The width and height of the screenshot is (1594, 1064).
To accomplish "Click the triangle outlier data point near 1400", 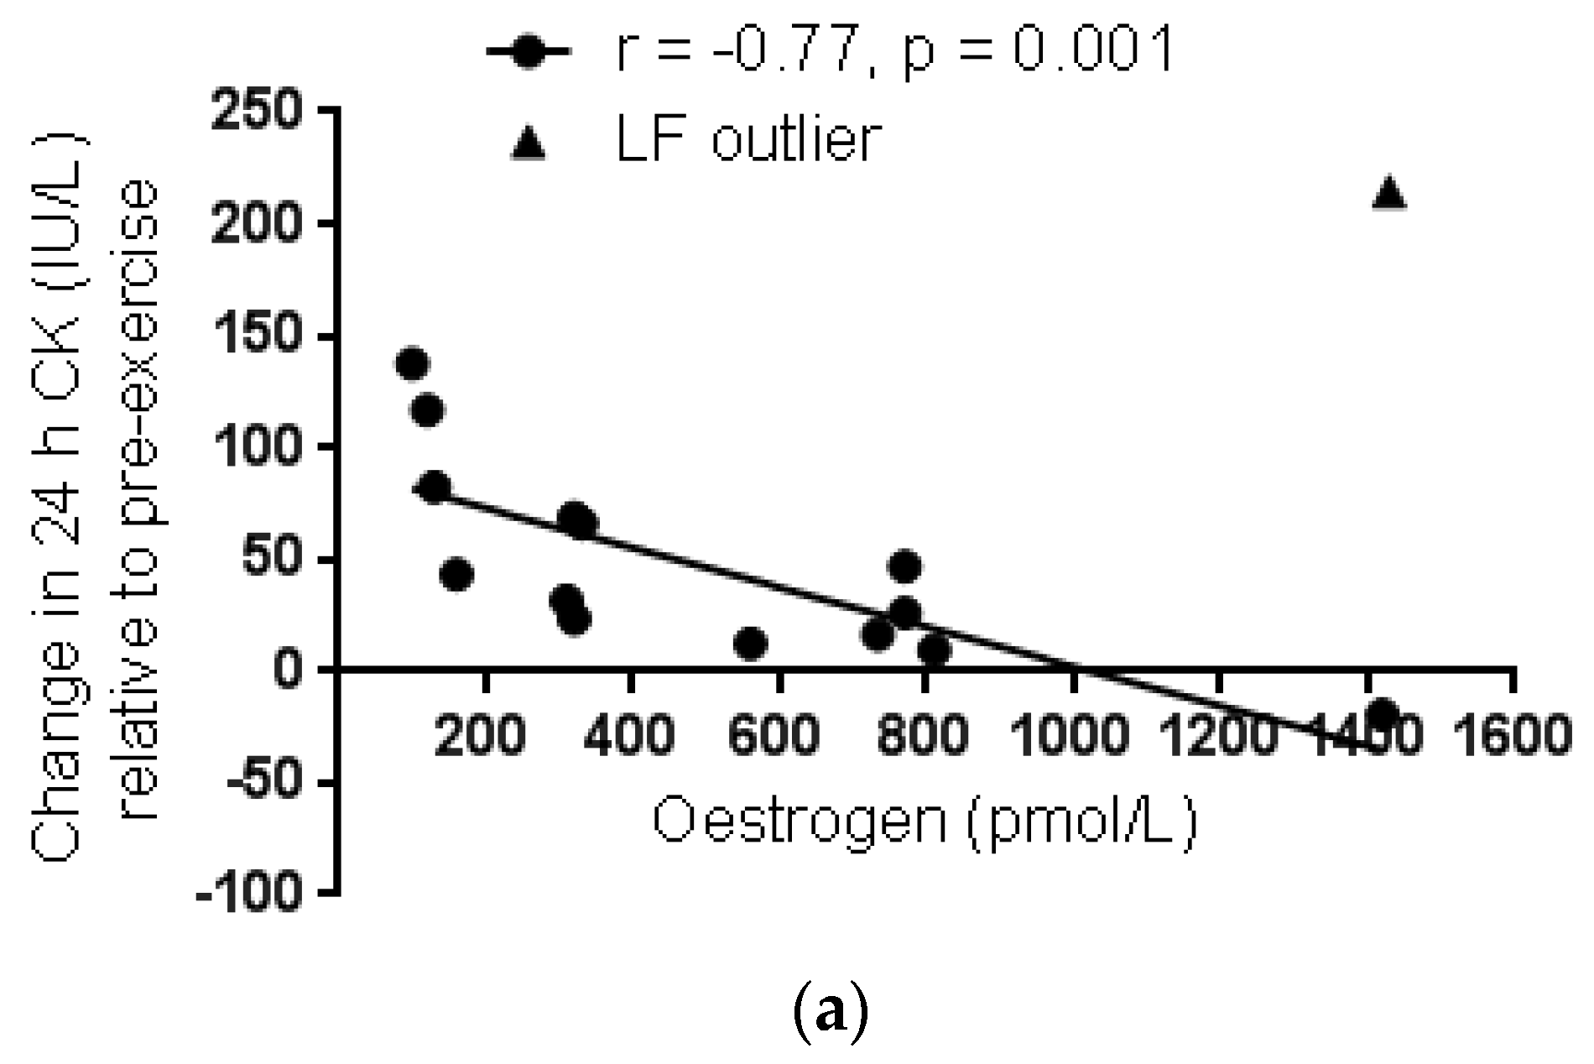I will (x=1388, y=193).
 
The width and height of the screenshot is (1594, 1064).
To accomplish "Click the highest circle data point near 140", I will (x=412, y=364).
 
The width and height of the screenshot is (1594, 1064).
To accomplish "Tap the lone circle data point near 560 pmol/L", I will (x=750, y=644).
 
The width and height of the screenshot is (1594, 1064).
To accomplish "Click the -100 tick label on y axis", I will (x=248, y=892).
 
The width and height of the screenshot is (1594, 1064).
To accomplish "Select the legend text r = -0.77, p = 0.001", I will (x=894, y=50).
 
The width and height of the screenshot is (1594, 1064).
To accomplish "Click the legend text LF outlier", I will (x=748, y=138).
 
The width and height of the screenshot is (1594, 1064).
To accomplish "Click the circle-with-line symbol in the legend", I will (x=529, y=52).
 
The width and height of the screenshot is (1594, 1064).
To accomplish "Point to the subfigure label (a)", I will (x=830, y=1014).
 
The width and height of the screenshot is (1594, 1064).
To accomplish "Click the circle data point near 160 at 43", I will (x=456, y=575).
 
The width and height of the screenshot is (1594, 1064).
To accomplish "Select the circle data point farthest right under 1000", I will (x=933, y=649).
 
